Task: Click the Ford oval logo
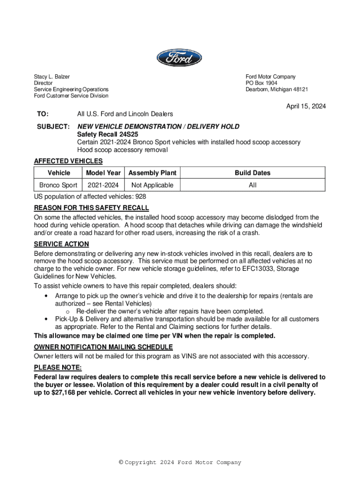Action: (x=180, y=58)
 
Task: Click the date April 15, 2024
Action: (x=306, y=107)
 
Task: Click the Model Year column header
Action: (x=103, y=173)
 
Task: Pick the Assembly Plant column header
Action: (x=152, y=173)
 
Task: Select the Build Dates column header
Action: (x=252, y=173)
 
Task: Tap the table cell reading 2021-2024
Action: (x=103, y=185)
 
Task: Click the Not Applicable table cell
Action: (x=152, y=185)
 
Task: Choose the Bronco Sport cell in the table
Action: (x=58, y=185)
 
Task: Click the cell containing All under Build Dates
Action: (x=252, y=185)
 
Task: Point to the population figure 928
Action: (x=140, y=197)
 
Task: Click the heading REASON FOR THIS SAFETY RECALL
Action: (x=92, y=208)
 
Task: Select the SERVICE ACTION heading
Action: (x=61, y=244)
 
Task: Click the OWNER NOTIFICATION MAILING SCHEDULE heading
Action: (x=103, y=347)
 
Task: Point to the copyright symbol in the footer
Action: (x=121, y=463)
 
